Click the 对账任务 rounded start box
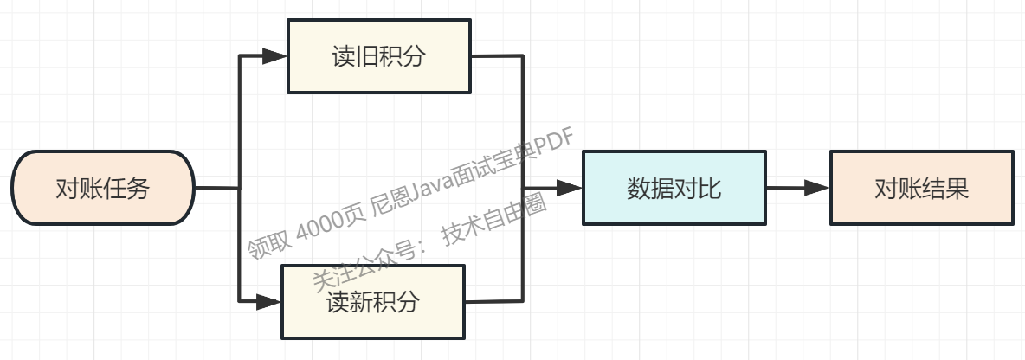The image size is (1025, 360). tap(102, 188)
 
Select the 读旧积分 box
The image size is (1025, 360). tap(378, 57)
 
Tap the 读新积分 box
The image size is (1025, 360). tap(373, 302)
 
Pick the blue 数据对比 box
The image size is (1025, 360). tap(674, 188)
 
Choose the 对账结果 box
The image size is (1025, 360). tap(921, 188)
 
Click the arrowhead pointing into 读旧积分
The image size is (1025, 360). tap(275, 57)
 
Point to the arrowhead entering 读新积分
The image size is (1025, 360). tap(269, 302)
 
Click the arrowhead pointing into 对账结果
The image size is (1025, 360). tap(817, 188)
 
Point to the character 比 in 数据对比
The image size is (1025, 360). tap(710, 188)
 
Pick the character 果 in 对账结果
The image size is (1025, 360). tap(957, 188)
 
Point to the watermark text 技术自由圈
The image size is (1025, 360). tap(494, 224)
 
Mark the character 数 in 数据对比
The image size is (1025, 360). tap(638, 188)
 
